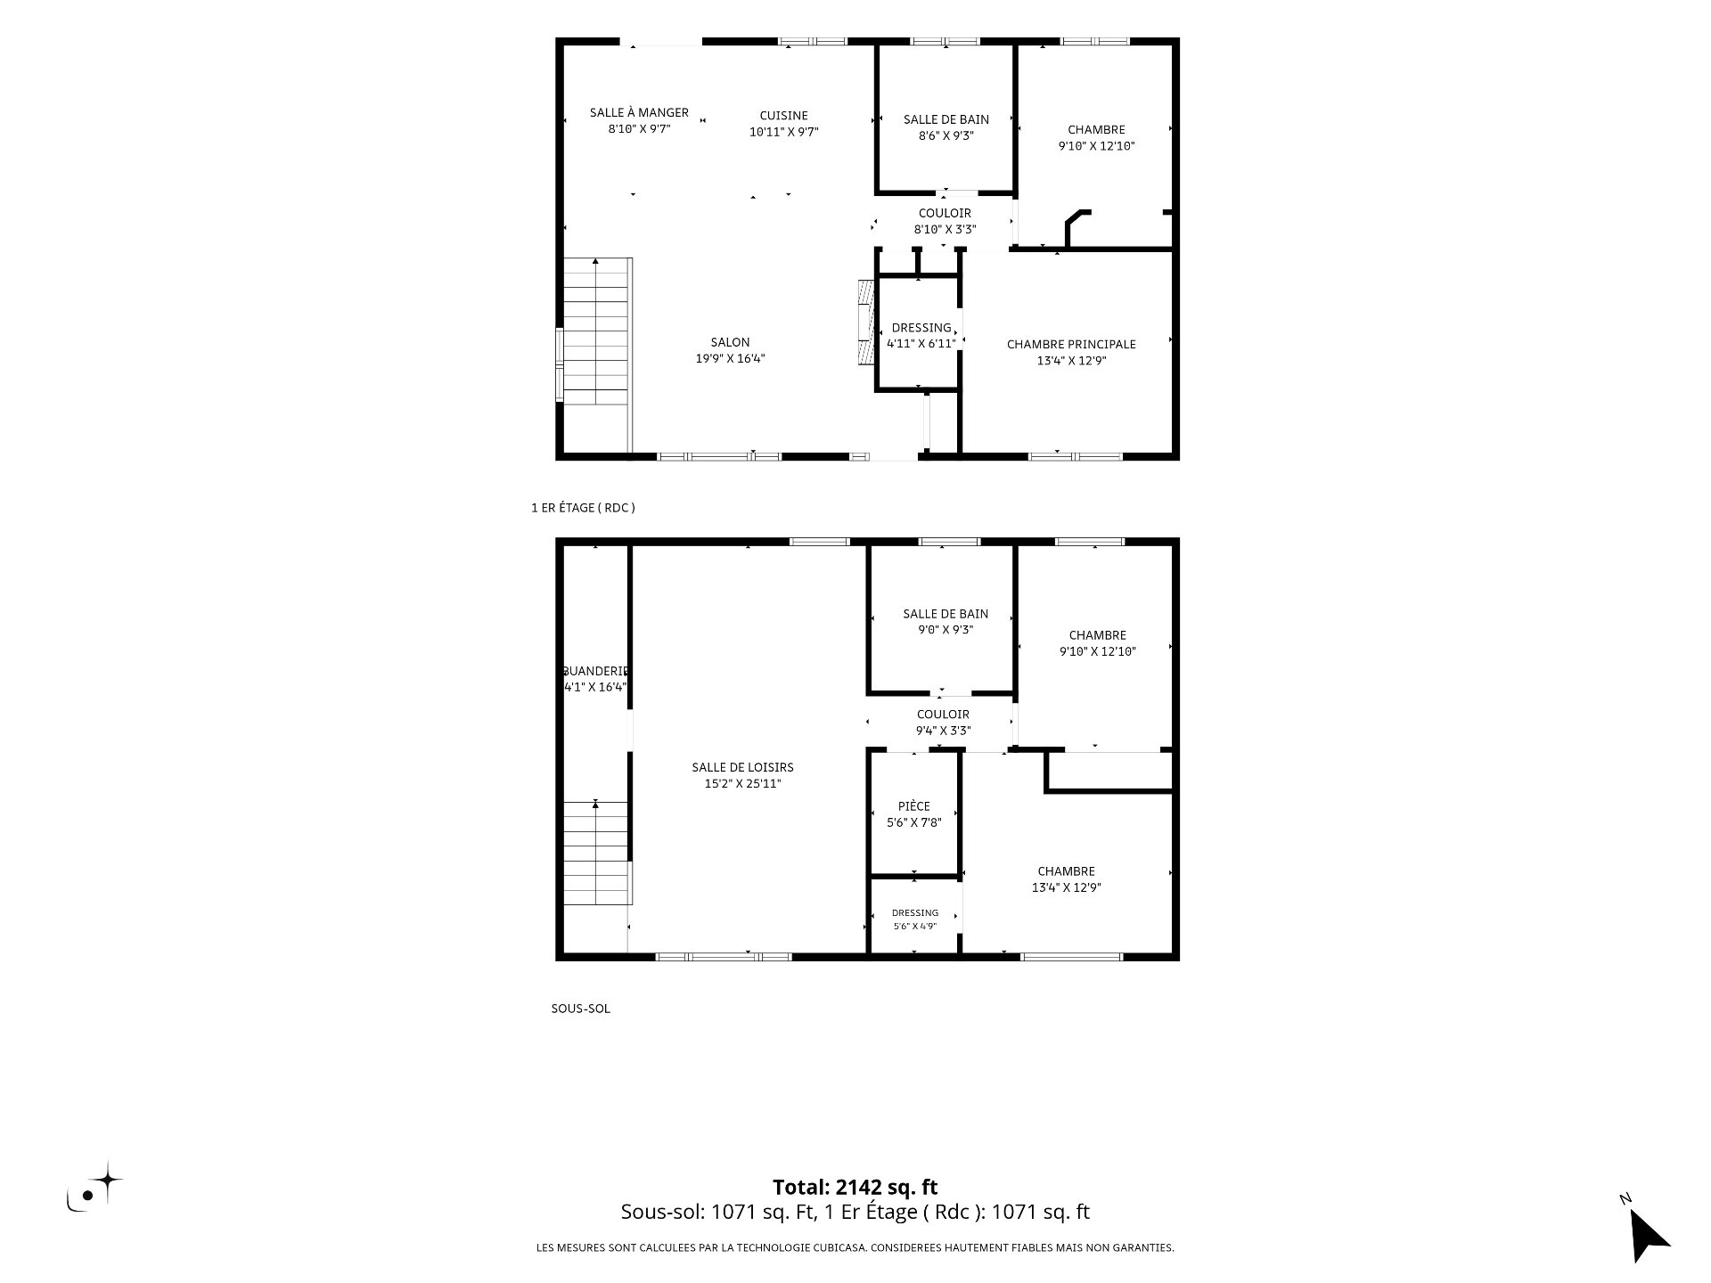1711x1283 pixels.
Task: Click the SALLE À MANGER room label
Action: pos(639,112)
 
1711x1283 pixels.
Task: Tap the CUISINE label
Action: pos(784,115)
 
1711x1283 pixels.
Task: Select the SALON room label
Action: pos(730,342)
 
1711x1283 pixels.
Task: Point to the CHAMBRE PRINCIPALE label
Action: pos(1071,344)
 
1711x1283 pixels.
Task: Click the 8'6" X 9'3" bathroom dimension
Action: pos(946,135)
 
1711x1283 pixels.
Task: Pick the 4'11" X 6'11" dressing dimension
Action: pos(921,343)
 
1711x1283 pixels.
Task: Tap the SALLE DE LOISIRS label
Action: pos(742,767)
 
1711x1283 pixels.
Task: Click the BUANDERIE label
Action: pos(596,671)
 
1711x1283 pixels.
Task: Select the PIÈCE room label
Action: pos(914,806)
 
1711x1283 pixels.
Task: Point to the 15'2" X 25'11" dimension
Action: pos(742,784)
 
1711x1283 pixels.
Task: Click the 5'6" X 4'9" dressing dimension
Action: pos(915,927)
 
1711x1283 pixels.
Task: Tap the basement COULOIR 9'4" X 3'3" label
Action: pos(943,723)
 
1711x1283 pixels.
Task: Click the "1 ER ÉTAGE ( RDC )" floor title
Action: pos(583,508)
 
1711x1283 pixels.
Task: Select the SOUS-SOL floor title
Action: pos(581,1009)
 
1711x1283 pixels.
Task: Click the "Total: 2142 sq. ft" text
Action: pos(855,1187)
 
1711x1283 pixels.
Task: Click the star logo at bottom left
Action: pos(95,1188)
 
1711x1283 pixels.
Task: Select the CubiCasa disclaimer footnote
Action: pos(855,1247)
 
